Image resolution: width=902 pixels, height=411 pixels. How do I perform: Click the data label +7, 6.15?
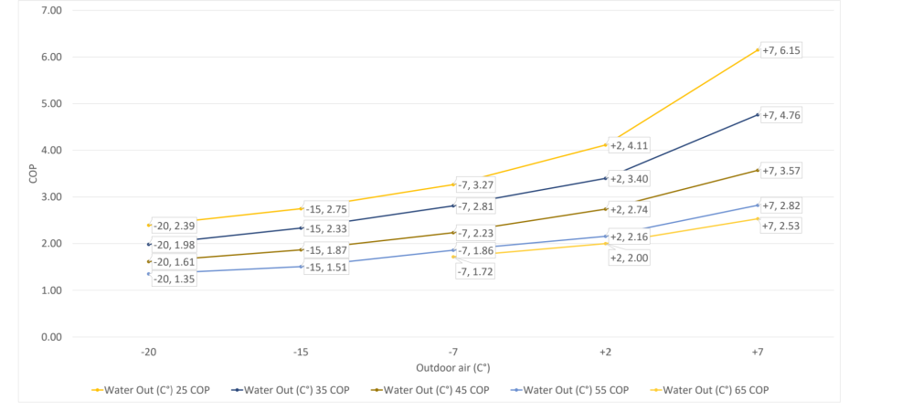783,51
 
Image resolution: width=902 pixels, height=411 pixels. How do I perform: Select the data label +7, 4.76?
783,116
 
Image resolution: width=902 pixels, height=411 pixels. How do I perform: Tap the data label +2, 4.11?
629,145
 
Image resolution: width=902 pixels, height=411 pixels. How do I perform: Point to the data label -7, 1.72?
474,272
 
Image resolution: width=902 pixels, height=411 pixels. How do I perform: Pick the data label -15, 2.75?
326,209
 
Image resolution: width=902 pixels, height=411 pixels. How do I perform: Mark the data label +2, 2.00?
629,258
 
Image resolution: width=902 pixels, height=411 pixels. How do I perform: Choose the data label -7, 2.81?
474,206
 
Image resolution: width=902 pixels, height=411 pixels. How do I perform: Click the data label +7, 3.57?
783,171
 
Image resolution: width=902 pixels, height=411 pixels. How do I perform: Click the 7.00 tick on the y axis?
49,10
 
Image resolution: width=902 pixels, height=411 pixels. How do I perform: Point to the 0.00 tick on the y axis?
49,337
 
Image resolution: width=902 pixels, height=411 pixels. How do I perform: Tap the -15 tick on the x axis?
301,353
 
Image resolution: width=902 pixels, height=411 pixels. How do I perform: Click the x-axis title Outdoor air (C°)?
453,368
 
